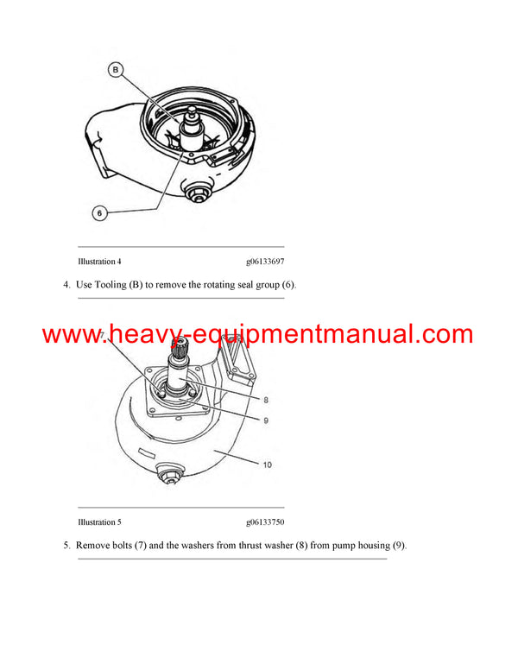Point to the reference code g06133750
[265, 521]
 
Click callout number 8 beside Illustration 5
[266, 400]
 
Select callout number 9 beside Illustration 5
[266, 420]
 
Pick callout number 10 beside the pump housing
[267, 465]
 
